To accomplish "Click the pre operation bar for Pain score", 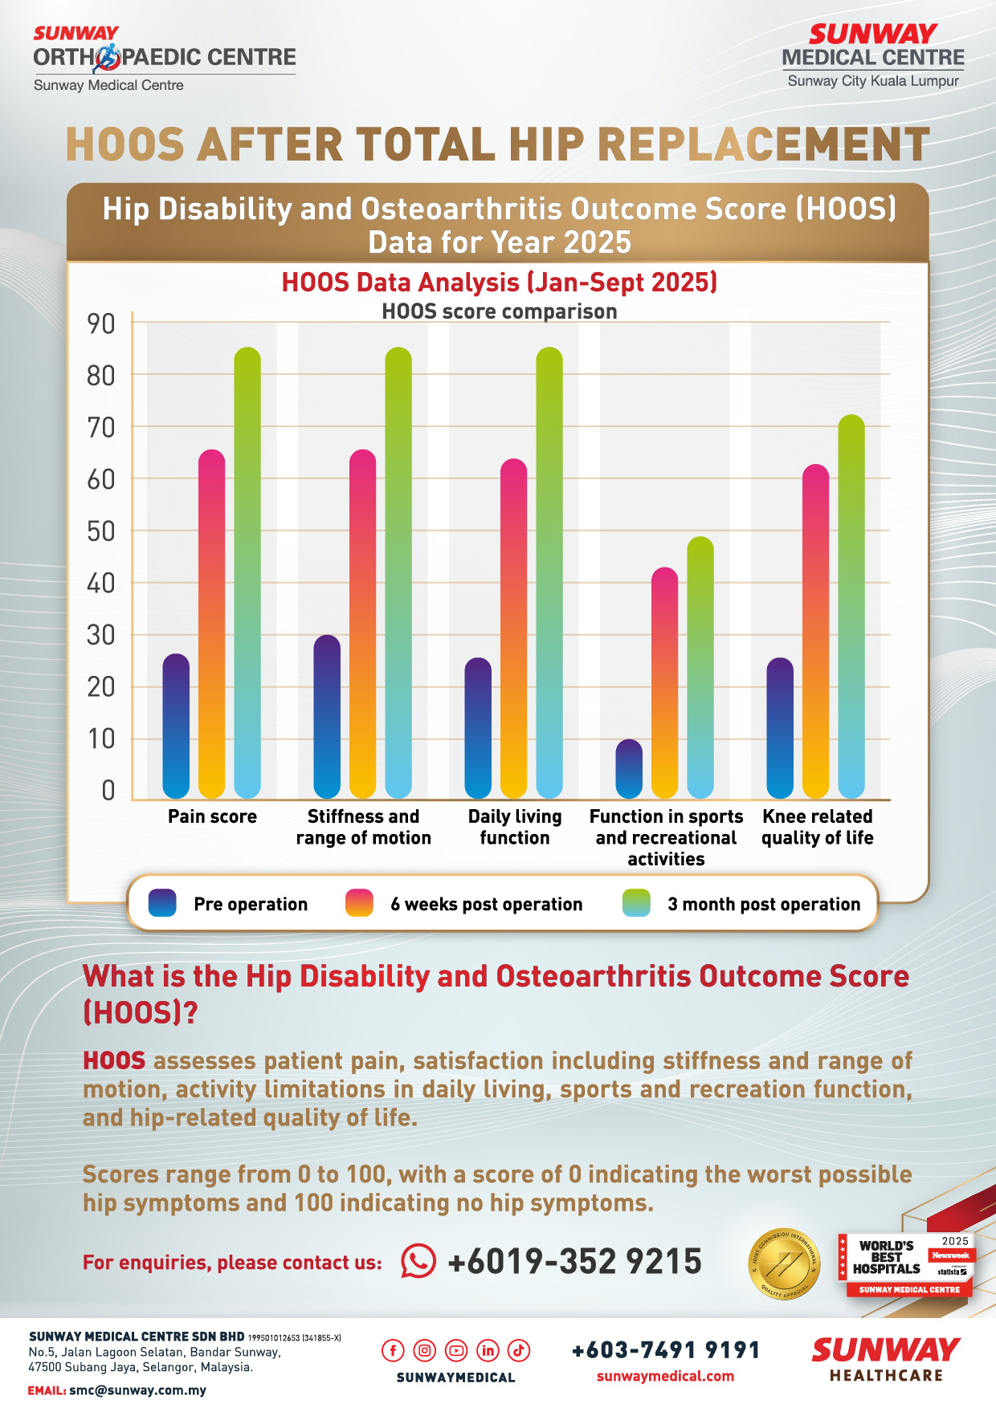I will [x=176, y=726].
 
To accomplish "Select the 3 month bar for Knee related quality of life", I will [x=851, y=607].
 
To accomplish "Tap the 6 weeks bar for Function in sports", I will [x=664, y=683].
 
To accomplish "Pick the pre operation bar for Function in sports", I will [x=629, y=769].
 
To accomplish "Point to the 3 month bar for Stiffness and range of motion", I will [x=398, y=573].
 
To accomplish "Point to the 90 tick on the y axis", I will [x=101, y=324].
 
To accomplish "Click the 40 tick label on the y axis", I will [x=101, y=584].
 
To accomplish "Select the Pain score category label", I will [x=212, y=816].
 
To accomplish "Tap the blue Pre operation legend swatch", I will [x=162, y=903].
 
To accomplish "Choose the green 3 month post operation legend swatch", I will [x=636, y=903].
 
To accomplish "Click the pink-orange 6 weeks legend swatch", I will [x=359, y=903].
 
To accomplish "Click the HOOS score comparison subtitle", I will [x=499, y=311].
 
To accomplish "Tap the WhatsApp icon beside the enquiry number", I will [x=418, y=1261].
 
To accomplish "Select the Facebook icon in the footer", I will [x=393, y=1350].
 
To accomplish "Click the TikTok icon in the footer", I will [x=519, y=1350].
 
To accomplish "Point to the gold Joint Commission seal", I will [x=784, y=1264].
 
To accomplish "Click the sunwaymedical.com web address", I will [x=665, y=1376].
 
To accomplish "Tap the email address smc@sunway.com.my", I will [x=137, y=1390].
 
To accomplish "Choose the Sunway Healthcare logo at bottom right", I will [x=886, y=1359].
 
